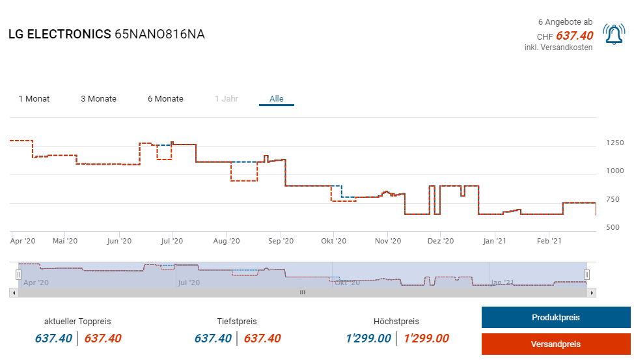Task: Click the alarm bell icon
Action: pyautogui.click(x=614, y=35)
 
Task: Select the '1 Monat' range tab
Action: pyautogui.click(x=34, y=99)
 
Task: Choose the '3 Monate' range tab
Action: pyautogui.click(x=98, y=99)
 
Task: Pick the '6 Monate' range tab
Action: pyautogui.click(x=165, y=99)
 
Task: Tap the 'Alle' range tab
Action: pyautogui.click(x=277, y=99)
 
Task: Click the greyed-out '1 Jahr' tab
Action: pyautogui.click(x=227, y=99)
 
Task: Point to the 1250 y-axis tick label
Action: pyautogui.click(x=615, y=143)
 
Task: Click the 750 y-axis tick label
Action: pyautogui.click(x=615, y=199)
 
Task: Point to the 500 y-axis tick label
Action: pyautogui.click(x=615, y=227)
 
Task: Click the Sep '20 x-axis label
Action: pyautogui.click(x=281, y=242)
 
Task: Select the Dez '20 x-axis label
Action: pyautogui.click(x=441, y=242)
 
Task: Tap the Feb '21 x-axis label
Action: pyautogui.click(x=549, y=242)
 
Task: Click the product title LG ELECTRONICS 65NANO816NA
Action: pyautogui.click(x=107, y=35)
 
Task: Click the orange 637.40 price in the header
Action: pyautogui.click(x=575, y=36)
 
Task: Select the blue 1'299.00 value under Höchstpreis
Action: pyautogui.click(x=368, y=339)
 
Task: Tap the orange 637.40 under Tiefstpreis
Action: pyautogui.click(x=262, y=339)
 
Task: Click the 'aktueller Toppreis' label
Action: pyautogui.click(x=77, y=322)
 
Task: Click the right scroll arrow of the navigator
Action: pyautogui.click(x=592, y=293)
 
